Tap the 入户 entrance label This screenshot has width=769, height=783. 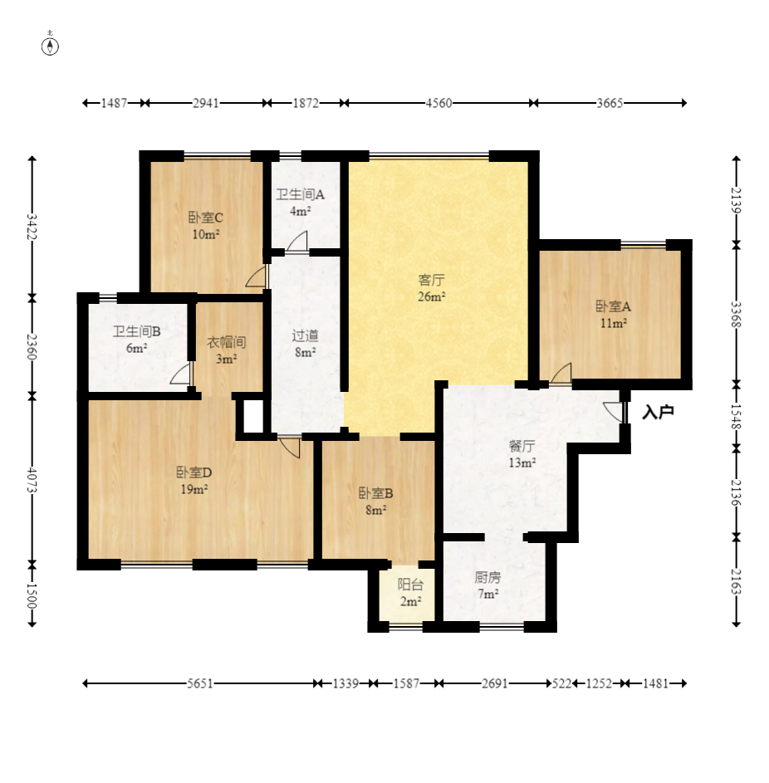point(659,412)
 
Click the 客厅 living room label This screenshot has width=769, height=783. point(432,280)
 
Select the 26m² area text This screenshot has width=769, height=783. point(432,296)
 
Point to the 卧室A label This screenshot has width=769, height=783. point(613,306)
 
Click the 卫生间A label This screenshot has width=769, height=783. point(301,194)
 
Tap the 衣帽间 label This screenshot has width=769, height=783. point(227,343)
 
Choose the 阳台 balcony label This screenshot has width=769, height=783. point(410,585)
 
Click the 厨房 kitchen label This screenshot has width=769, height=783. point(487,577)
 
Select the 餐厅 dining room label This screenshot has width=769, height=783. point(522,445)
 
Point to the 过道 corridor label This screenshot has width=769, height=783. point(305,335)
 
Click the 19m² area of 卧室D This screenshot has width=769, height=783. point(194,489)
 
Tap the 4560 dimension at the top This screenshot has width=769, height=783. point(439,103)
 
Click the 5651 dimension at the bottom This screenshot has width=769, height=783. point(200,683)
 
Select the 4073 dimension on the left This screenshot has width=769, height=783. point(32,481)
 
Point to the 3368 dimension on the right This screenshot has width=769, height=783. point(737,315)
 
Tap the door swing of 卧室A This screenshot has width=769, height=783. point(561,374)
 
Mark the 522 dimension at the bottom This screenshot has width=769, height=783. point(561,683)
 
